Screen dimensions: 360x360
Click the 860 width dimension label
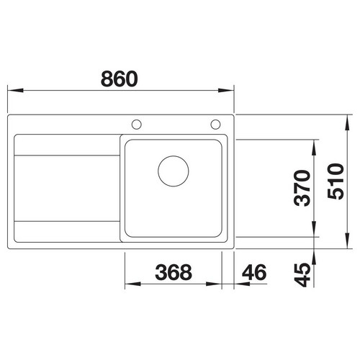click(120, 78)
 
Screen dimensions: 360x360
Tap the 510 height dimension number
click(336, 181)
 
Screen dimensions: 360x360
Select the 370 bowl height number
click(302, 188)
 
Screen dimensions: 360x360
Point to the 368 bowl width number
click(174, 272)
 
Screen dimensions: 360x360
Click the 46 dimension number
click(254, 272)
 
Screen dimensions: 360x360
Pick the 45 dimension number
click(302, 275)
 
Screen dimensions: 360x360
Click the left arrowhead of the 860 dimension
click(15, 91)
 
